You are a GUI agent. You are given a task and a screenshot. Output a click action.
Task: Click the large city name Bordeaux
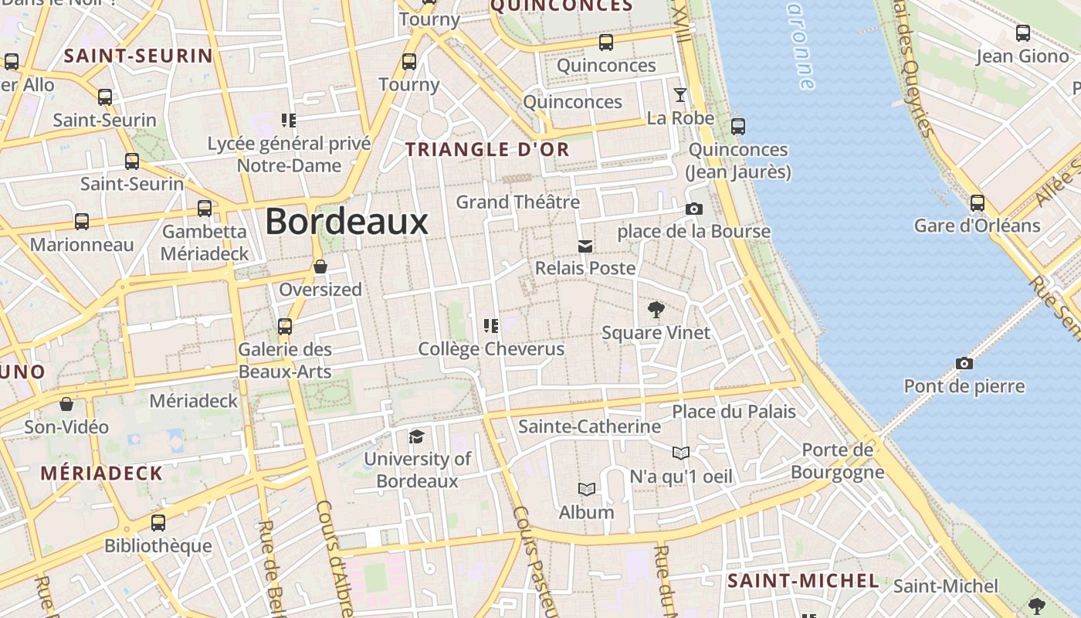coord(347,222)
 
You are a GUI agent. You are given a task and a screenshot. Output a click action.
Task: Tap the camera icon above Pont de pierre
coord(964,363)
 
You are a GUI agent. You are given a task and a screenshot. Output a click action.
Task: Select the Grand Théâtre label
coord(517,202)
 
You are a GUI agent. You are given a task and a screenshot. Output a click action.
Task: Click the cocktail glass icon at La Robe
coord(679,95)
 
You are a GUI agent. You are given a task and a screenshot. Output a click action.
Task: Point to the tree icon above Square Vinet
coord(656,311)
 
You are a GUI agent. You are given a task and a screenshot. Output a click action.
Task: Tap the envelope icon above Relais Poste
coord(585,246)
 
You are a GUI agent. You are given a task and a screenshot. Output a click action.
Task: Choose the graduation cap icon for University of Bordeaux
coord(417,437)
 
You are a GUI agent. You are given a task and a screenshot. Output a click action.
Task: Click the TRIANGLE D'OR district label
coord(488,150)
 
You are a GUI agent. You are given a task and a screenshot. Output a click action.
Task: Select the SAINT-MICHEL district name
coord(803,581)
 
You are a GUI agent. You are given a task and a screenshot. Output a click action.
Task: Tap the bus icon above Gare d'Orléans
coord(977,203)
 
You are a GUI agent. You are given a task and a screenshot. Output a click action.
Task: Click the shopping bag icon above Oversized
coord(320,267)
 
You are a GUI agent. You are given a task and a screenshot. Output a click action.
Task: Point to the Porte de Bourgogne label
coord(837,461)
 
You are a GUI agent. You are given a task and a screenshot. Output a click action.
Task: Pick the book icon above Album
coord(587,489)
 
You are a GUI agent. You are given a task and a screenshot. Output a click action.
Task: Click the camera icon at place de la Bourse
coord(693,209)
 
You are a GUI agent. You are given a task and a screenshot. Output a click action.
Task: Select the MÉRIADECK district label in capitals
coord(102,474)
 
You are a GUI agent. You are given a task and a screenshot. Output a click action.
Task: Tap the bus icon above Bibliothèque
coord(158,523)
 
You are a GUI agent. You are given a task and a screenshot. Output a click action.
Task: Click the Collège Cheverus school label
coord(491,349)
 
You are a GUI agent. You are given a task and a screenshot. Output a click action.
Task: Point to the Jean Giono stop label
coord(1022,56)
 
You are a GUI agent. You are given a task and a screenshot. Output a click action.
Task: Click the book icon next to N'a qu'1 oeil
coord(680,453)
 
